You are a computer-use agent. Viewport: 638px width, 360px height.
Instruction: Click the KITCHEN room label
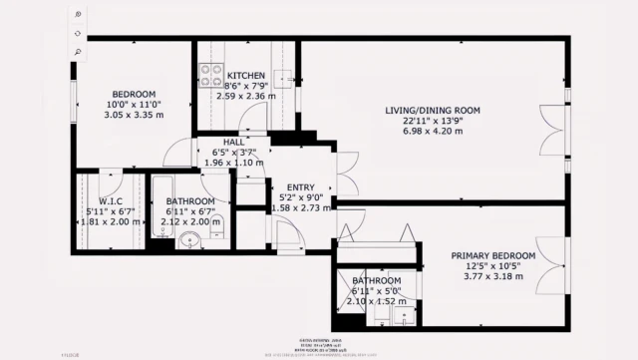pos(244,76)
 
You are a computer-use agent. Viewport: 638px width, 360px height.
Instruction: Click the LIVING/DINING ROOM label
pos(434,110)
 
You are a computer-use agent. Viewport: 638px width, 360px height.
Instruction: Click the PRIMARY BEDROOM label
pos(492,256)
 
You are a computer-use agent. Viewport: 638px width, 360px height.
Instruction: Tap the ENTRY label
pos(300,187)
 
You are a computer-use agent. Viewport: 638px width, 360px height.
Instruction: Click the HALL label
pos(234,143)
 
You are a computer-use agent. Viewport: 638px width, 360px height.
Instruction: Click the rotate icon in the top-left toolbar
pos(78,32)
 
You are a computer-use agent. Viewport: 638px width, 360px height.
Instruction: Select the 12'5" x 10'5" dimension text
pos(492,266)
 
